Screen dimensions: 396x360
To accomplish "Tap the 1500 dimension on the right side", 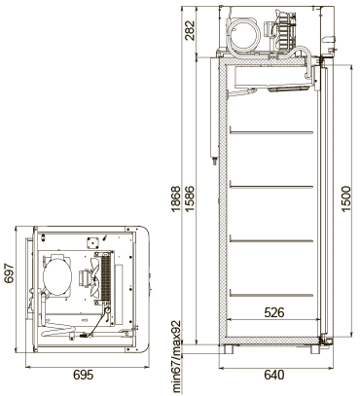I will pyautogui.click(x=345, y=202).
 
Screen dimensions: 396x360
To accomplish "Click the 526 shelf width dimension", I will pyautogui.click(x=273, y=313).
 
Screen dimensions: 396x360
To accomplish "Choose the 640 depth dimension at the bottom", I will pyautogui.click(x=273, y=375).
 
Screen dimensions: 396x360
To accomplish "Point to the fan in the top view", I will pyautogui.click(x=94, y=279).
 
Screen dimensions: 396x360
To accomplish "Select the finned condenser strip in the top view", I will pyautogui.click(x=110, y=280).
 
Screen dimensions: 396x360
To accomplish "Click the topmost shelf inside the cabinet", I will pyautogui.click(x=271, y=129).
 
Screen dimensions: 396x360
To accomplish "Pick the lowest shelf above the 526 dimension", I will pyautogui.click(x=271, y=285).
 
